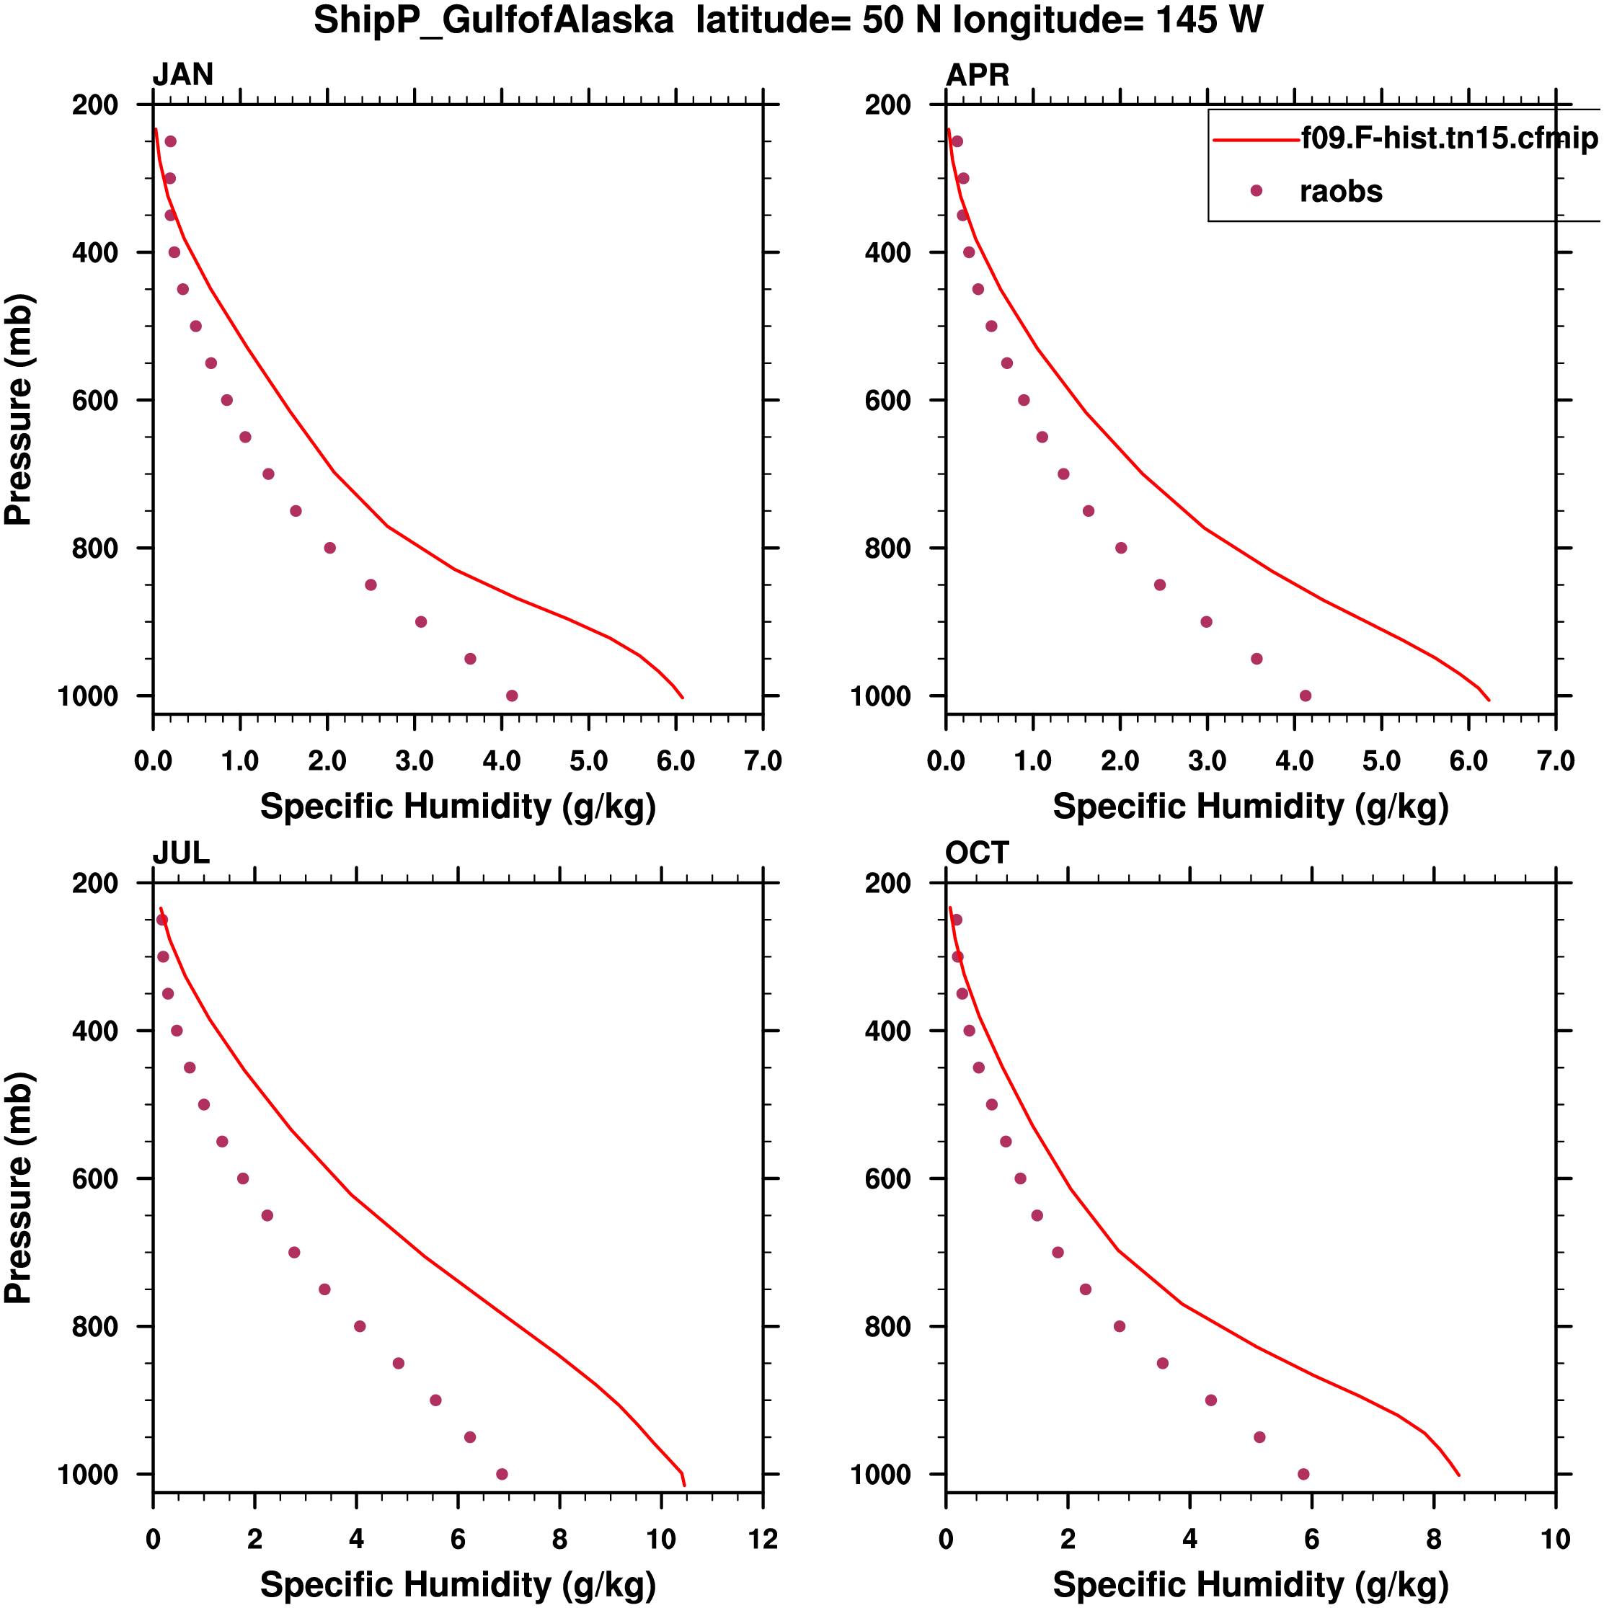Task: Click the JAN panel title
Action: pyautogui.click(x=182, y=75)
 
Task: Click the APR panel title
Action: pyautogui.click(x=978, y=75)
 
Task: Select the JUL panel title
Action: pyautogui.click(x=181, y=853)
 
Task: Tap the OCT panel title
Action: pyautogui.click(x=978, y=853)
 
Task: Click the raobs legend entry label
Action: pyautogui.click(x=1340, y=192)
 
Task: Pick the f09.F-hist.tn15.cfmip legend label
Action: pyautogui.click(x=1449, y=138)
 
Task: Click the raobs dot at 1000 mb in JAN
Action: pyautogui.click(x=512, y=696)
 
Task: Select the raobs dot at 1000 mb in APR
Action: pyautogui.click(x=1305, y=696)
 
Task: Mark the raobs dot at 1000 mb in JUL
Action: pyautogui.click(x=502, y=1474)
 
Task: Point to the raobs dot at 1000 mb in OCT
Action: pyautogui.click(x=1303, y=1474)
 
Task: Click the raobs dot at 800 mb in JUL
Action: pyautogui.click(x=360, y=1326)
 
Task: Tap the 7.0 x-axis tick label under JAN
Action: pyautogui.click(x=763, y=760)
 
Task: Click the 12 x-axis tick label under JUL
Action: pyautogui.click(x=763, y=1539)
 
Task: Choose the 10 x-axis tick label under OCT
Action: pyautogui.click(x=1555, y=1539)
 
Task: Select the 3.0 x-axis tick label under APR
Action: pyautogui.click(x=1207, y=760)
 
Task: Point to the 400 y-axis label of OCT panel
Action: pyautogui.click(x=887, y=1031)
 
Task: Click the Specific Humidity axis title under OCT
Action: pyautogui.click(x=1250, y=1585)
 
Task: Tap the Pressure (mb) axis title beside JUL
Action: pyautogui.click(x=18, y=1187)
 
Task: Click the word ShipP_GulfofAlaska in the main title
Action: pyautogui.click(x=493, y=21)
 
